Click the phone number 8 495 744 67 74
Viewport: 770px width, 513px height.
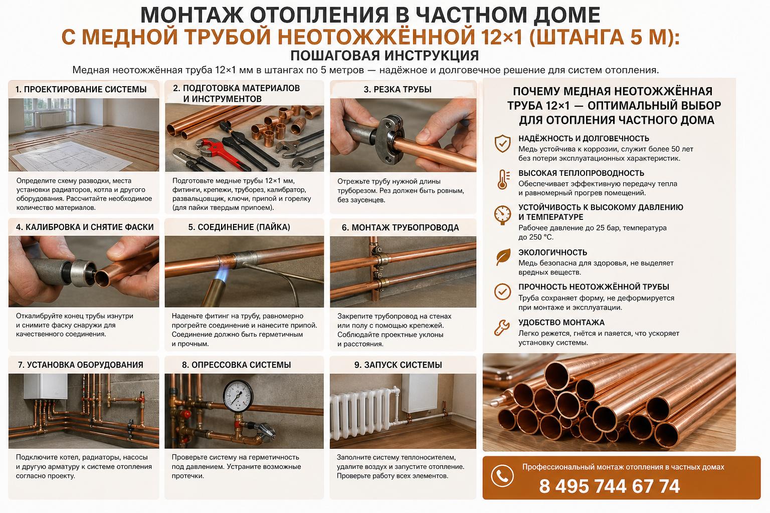(x=609, y=486)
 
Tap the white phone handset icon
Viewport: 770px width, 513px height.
(x=502, y=476)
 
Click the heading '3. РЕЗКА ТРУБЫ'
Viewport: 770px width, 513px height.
(x=398, y=90)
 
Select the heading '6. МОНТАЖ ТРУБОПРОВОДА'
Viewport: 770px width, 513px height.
(x=400, y=227)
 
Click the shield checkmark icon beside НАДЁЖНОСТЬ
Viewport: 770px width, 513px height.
(x=502, y=143)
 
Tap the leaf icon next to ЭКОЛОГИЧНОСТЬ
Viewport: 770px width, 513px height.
(x=502, y=256)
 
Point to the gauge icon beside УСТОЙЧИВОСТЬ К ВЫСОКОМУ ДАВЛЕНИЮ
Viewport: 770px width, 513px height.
(x=502, y=214)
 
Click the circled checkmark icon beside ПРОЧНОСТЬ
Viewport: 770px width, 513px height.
(x=502, y=292)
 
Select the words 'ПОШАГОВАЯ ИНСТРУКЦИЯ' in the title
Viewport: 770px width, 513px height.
(x=384, y=55)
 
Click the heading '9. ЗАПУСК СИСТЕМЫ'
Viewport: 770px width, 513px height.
(x=398, y=365)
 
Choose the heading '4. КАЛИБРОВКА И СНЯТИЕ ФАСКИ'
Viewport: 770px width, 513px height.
(x=85, y=227)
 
